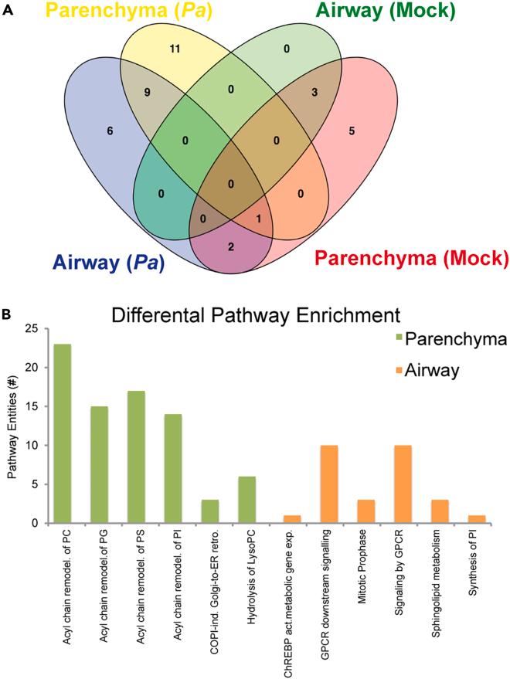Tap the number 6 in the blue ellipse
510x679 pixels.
pos(89,131)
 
